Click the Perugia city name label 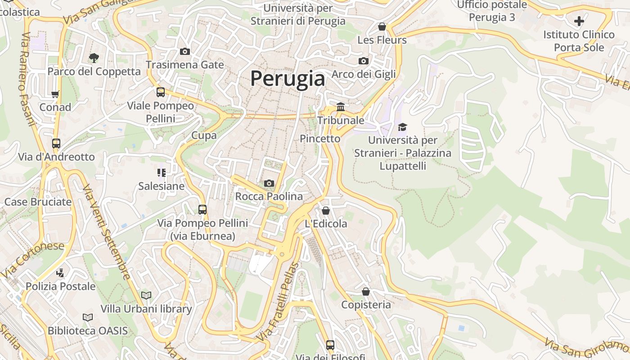288,79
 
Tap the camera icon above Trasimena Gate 184,51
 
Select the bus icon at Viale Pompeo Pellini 161,92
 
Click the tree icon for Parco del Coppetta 94,58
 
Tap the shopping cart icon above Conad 55,94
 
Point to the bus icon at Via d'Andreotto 56,144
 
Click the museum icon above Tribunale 341,107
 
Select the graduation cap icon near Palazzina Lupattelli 402,127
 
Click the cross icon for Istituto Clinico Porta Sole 579,21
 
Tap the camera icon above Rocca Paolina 269,183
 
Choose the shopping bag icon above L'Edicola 326,210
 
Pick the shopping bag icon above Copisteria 366,292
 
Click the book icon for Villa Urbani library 146,295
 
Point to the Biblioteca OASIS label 88,331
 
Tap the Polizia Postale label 60,286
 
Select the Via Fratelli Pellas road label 278,301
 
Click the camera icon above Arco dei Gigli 364,61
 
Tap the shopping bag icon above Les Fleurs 382,27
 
